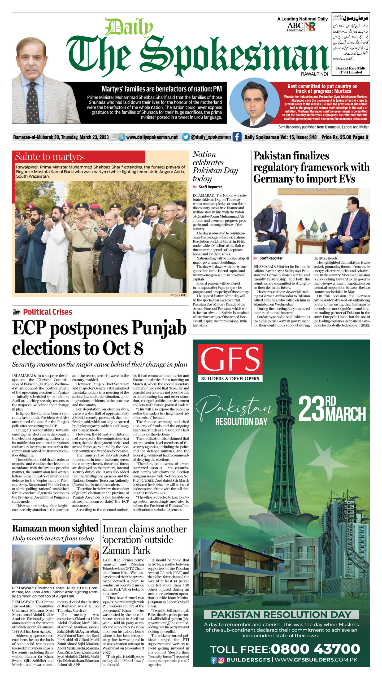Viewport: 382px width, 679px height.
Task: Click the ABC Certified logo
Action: coord(295,27)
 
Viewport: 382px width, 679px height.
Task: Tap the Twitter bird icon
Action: coord(186,137)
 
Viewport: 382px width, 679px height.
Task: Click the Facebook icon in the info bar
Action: coord(237,137)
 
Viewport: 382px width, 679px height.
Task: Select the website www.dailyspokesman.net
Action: coord(152,137)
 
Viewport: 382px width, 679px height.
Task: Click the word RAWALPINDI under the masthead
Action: coord(314,74)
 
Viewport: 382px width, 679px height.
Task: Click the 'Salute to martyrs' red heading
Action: coord(49,156)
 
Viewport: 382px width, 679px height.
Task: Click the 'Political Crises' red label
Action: coord(47,312)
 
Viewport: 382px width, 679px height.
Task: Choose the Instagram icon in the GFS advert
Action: coord(221,660)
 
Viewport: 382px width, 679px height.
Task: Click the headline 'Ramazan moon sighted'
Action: coord(55,528)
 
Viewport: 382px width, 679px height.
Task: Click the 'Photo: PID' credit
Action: coord(178,295)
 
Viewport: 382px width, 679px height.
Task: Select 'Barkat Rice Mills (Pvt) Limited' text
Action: coord(351,70)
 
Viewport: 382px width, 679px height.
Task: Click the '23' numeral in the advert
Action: coord(311,409)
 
